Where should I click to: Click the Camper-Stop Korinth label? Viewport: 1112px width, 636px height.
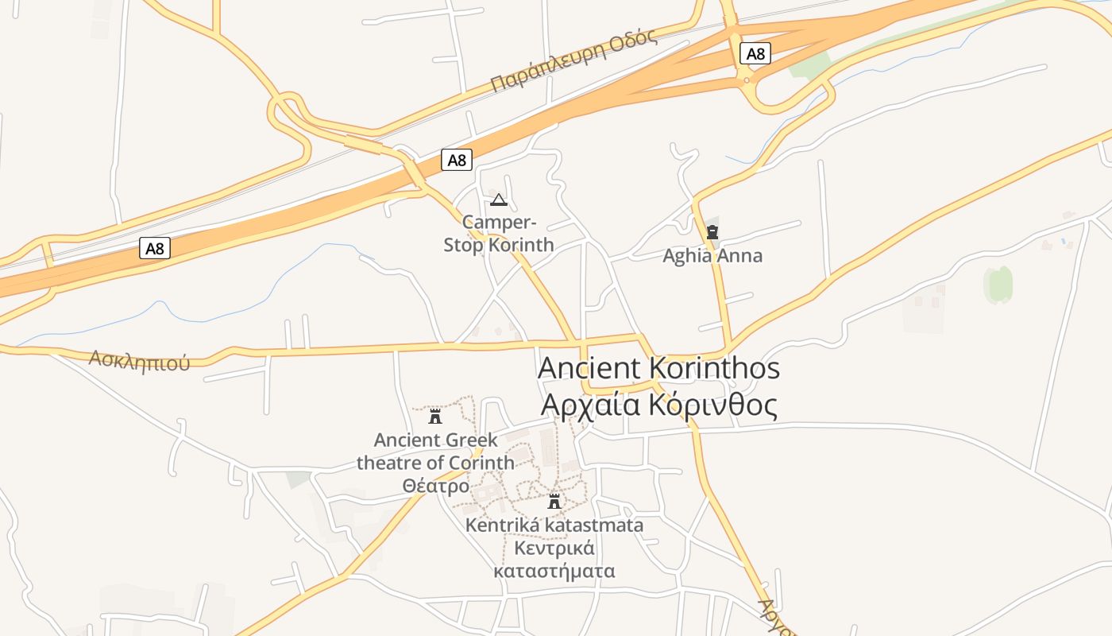point(499,234)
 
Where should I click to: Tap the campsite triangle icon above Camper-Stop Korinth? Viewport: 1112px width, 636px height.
point(498,200)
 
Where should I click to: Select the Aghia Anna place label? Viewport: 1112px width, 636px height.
point(712,256)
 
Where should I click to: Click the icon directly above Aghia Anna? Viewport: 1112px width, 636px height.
point(712,232)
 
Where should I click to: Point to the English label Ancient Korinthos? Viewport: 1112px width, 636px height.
point(658,368)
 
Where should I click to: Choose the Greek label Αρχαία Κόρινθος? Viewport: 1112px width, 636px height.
point(658,405)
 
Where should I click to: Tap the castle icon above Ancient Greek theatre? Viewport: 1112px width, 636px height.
point(435,416)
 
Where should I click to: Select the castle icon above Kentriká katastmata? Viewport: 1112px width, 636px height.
point(554,502)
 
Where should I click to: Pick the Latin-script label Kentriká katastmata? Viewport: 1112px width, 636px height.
point(554,525)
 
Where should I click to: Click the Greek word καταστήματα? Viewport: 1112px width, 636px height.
point(554,571)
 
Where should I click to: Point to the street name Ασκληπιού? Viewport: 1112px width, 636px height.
point(140,360)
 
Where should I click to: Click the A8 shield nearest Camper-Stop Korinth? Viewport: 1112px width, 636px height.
point(457,160)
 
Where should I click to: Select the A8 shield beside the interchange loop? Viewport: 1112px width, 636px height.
point(755,53)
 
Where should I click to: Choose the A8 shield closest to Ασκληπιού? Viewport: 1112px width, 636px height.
point(155,248)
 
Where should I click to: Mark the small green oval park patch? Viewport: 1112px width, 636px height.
point(998,284)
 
